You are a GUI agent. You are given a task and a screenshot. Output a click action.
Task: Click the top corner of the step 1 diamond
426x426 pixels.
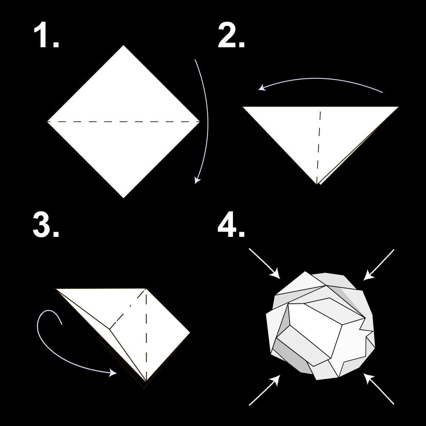pyautogui.click(x=124, y=46)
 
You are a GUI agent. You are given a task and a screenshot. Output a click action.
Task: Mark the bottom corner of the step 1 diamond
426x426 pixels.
pyautogui.click(x=124, y=197)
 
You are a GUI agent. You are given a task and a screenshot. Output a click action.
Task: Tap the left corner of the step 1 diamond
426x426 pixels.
pyautogui.click(x=48, y=121)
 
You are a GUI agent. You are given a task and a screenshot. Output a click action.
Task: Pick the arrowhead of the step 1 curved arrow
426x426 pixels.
pyautogui.click(x=196, y=181)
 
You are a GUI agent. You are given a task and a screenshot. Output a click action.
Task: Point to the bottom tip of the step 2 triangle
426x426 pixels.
pyautogui.click(x=317, y=184)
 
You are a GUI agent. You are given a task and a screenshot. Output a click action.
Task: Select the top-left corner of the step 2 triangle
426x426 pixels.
pyautogui.click(x=244, y=107)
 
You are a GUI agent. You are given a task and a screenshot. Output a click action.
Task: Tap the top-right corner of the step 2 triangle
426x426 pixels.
pyautogui.click(x=397, y=107)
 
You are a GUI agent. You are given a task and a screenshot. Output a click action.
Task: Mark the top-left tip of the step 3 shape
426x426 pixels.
pyautogui.click(x=57, y=289)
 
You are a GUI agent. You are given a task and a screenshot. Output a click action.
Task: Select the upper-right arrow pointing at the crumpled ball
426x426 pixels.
pyautogui.click(x=379, y=265)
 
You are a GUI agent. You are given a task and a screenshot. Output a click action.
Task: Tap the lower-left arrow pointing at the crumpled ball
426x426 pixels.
pyautogui.click(x=264, y=390)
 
